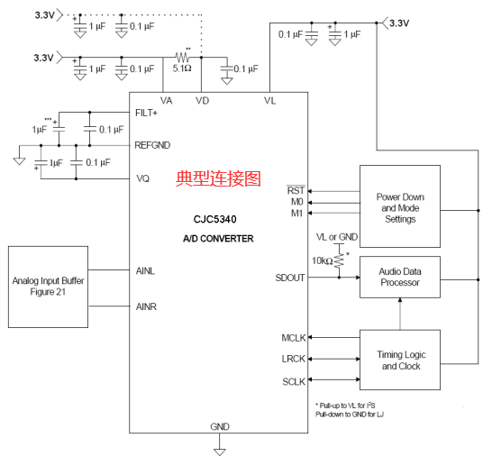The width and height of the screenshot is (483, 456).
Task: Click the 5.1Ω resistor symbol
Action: point(182,57)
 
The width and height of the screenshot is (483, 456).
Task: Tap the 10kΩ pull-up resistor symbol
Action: point(339,260)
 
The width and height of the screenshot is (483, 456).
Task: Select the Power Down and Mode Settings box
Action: point(400,206)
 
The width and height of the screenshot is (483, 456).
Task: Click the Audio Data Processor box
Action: point(400,277)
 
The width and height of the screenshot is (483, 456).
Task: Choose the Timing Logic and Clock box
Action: point(400,360)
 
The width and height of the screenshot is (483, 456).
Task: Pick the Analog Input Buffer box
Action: point(48,287)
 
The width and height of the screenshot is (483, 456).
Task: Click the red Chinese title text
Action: point(218,178)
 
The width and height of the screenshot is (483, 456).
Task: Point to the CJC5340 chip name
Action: point(215,219)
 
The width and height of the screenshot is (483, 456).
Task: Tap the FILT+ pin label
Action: point(146,113)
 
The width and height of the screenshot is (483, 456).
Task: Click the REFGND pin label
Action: point(152,145)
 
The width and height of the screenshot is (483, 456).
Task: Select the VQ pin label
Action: point(143,178)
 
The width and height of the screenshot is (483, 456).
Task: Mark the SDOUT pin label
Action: point(290,278)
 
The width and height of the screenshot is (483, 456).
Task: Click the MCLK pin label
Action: point(294,338)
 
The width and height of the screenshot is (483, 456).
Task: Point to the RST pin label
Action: point(296,190)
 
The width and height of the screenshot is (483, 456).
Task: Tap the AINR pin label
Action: point(146,306)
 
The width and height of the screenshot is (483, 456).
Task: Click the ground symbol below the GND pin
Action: point(220,451)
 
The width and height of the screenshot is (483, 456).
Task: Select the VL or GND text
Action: point(337,237)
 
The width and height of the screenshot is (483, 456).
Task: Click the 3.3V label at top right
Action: point(399,23)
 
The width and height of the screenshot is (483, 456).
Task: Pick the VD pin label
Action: point(203,100)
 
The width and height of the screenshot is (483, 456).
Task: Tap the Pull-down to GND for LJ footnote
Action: point(350,415)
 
